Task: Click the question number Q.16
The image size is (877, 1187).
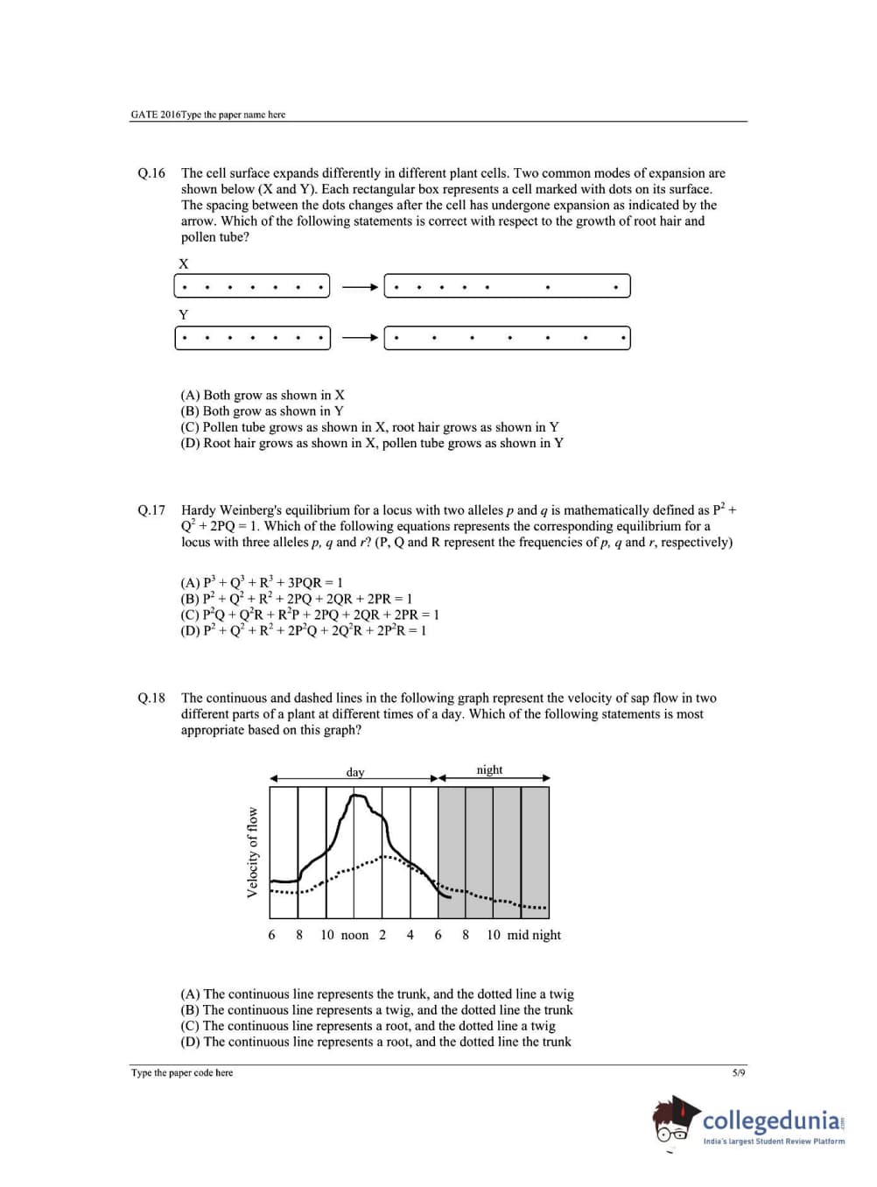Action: [151, 173]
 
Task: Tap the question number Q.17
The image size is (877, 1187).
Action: [151, 510]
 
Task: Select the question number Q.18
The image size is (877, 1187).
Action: [151, 699]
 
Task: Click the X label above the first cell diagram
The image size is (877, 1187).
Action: [184, 263]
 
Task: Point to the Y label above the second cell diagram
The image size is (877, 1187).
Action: [184, 314]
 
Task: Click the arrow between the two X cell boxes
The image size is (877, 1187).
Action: [358, 286]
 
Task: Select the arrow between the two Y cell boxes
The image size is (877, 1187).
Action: [358, 338]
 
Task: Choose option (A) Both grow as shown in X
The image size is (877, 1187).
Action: [263, 396]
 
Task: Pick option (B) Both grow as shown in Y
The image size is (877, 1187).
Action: [262, 411]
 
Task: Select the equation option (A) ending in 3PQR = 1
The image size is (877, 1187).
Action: [262, 583]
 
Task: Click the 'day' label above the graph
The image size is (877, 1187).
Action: [354, 772]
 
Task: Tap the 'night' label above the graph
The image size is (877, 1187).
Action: [489, 770]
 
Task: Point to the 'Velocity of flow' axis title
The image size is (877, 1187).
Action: [252, 852]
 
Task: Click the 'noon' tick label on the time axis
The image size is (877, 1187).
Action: [354, 936]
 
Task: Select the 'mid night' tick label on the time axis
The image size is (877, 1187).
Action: [534, 936]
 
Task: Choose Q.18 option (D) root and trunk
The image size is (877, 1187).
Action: [375, 1043]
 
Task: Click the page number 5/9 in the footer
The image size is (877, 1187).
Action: [739, 1072]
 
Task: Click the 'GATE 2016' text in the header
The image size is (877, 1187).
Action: [155, 115]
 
